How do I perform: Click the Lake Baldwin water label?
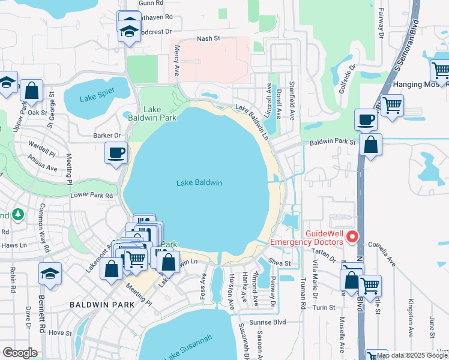click(199, 183)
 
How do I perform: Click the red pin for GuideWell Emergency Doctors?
click(354, 237)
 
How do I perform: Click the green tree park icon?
click(18, 214)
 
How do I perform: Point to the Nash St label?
click(209, 39)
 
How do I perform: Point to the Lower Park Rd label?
click(91, 196)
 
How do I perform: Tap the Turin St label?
click(327, 307)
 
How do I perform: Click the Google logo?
click(20, 353)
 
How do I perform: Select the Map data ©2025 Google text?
click(412, 355)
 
